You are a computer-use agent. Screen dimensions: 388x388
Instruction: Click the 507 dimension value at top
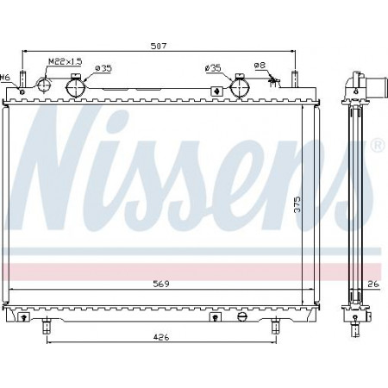[x=159, y=46]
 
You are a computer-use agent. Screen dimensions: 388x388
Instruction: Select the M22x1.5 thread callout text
[x=66, y=61]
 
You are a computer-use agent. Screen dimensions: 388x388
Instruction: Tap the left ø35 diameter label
[x=103, y=68]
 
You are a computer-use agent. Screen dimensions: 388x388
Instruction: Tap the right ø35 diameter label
[x=213, y=68]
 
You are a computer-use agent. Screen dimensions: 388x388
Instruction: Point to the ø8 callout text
[x=260, y=66]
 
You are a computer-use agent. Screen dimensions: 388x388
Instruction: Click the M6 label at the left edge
[x=5, y=78]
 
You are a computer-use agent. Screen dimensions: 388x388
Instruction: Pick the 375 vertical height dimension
[x=297, y=204]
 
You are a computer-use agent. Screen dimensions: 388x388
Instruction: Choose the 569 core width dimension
[x=161, y=284]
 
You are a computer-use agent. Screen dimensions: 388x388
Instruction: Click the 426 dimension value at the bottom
[x=161, y=337]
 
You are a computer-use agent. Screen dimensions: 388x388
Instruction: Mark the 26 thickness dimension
[x=373, y=285]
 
